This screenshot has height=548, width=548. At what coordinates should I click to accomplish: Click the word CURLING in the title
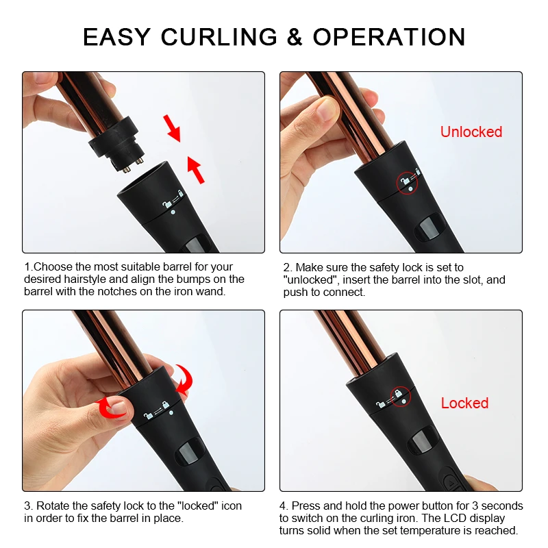point(219,37)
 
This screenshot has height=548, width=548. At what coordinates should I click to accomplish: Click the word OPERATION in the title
point(389,37)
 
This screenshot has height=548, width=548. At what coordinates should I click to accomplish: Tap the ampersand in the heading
point(295,37)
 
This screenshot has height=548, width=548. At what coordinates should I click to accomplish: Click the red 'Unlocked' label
point(471,132)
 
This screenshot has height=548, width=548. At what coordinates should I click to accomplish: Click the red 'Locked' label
point(464,403)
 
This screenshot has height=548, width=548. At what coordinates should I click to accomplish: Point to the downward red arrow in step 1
point(173,128)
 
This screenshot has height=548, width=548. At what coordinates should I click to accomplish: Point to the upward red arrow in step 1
point(195,169)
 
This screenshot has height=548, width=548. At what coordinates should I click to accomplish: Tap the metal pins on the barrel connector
point(134,165)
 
